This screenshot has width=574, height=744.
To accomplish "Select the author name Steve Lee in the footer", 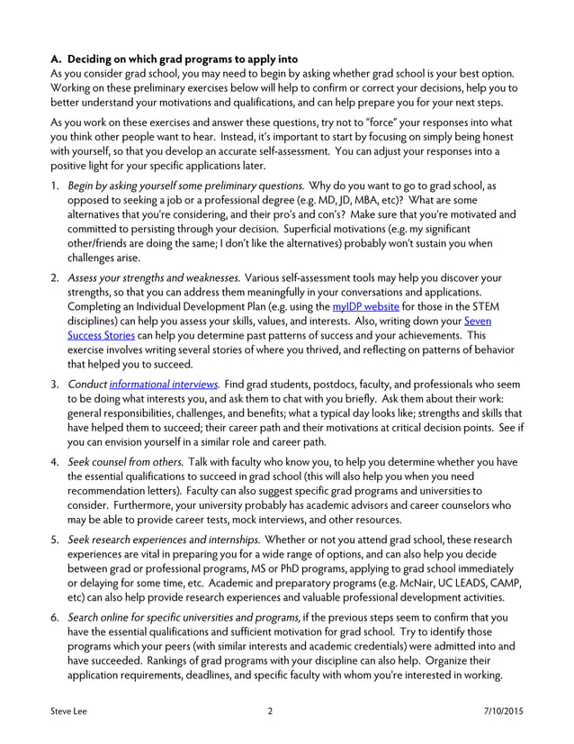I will point(68,711).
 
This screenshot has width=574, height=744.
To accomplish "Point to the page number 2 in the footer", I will point(270,711).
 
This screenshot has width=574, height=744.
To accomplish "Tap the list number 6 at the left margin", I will point(55,618).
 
